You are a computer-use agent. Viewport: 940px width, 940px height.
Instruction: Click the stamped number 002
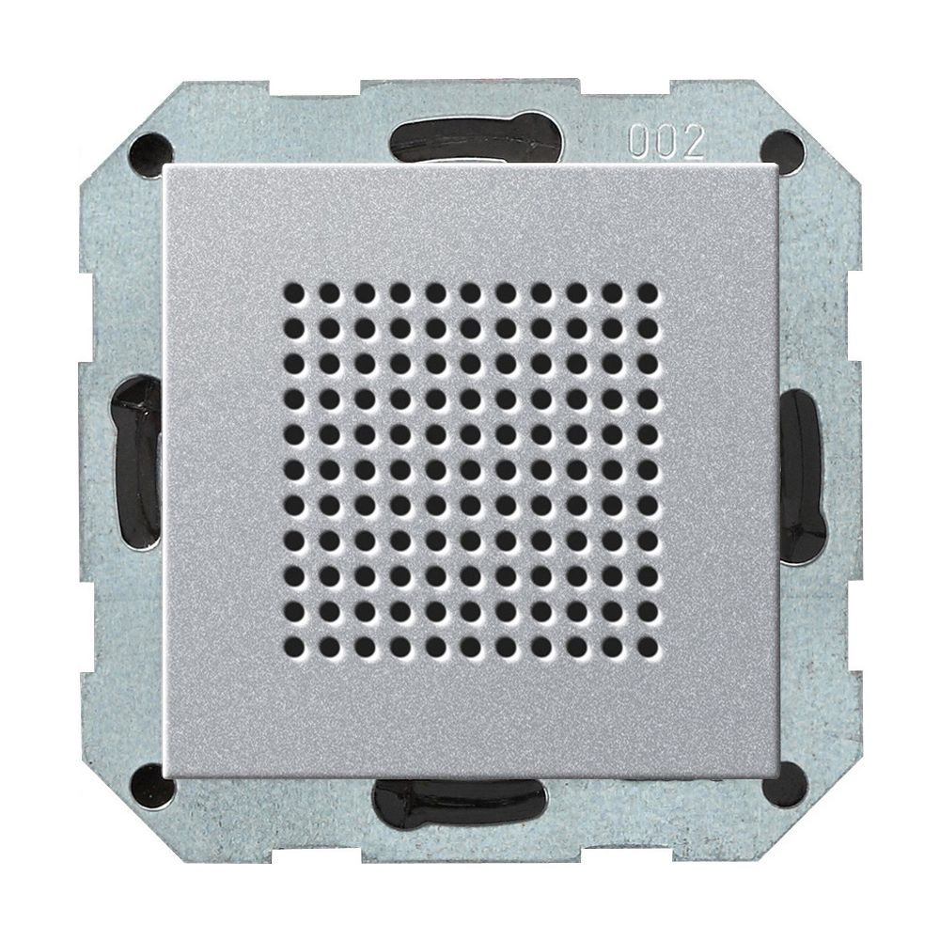666,143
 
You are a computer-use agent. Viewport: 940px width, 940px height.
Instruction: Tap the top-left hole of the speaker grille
293,292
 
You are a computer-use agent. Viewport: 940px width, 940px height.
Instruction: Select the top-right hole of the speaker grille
648,292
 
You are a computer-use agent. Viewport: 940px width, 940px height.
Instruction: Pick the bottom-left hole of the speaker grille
293,647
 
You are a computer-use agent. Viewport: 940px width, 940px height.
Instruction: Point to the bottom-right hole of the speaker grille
648,647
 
